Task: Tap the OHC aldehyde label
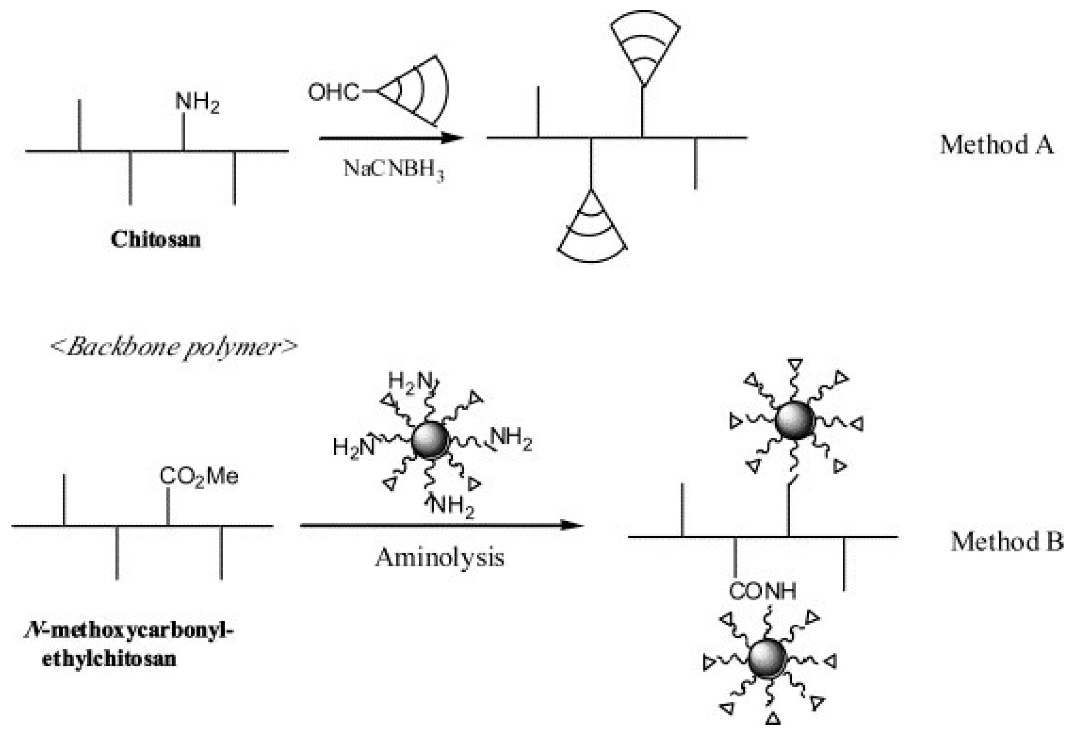[333, 92]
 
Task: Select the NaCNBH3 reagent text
[394, 169]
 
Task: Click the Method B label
[1006, 542]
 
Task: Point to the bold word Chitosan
[156, 239]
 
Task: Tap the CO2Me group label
[198, 476]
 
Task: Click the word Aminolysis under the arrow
[439, 557]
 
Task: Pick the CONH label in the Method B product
[762, 591]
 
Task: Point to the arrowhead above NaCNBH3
[451, 138]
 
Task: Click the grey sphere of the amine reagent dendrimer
[430, 440]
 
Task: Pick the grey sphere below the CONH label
[767, 658]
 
